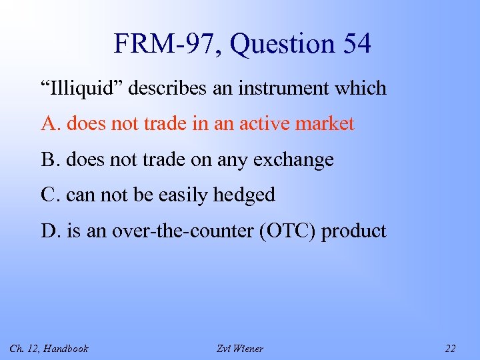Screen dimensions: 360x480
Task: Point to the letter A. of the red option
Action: pos(51,123)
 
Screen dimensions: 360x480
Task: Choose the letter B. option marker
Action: pos(51,159)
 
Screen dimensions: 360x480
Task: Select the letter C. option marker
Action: pos(51,195)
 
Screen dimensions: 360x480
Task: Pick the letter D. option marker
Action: pos(51,231)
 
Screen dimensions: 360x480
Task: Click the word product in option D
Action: pos(354,231)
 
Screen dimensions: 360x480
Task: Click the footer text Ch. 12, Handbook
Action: pos(49,348)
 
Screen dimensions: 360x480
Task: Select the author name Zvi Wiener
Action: pos(240,348)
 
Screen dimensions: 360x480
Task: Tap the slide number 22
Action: pos(450,348)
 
